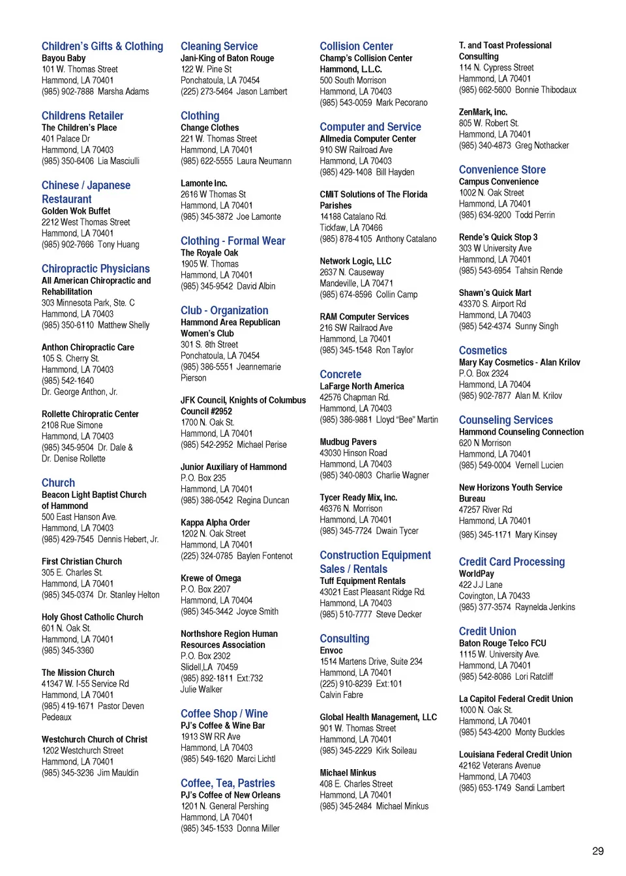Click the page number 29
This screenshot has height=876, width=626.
[x=597, y=851]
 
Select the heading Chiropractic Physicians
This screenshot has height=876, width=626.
[x=95, y=269]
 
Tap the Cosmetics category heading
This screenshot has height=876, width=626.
[x=483, y=351]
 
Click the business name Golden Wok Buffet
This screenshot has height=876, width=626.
[x=76, y=211]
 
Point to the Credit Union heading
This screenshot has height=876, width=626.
[x=487, y=631]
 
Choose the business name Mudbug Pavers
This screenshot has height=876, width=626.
[x=348, y=442]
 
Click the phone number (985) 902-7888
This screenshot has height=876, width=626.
[x=68, y=92]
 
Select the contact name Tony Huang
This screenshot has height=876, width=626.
[x=119, y=244]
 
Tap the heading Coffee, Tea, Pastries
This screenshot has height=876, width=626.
[x=228, y=783]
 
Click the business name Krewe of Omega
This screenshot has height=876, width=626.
[x=211, y=578]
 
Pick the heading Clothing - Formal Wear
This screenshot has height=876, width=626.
[x=233, y=241]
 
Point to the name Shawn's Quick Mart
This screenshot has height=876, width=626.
[x=494, y=293]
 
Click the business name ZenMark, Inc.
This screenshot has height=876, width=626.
[x=483, y=112]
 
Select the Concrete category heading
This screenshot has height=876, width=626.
[x=340, y=374]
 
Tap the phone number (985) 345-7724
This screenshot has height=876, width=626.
[x=346, y=531]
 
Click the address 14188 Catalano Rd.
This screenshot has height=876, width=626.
[x=353, y=216]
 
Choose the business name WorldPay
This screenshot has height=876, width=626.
[x=476, y=574]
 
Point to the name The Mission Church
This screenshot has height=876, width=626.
[x=78, y=673]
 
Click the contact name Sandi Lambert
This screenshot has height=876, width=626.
[x=539, y=788]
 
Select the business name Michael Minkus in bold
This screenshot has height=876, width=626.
[x=348, y=773]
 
